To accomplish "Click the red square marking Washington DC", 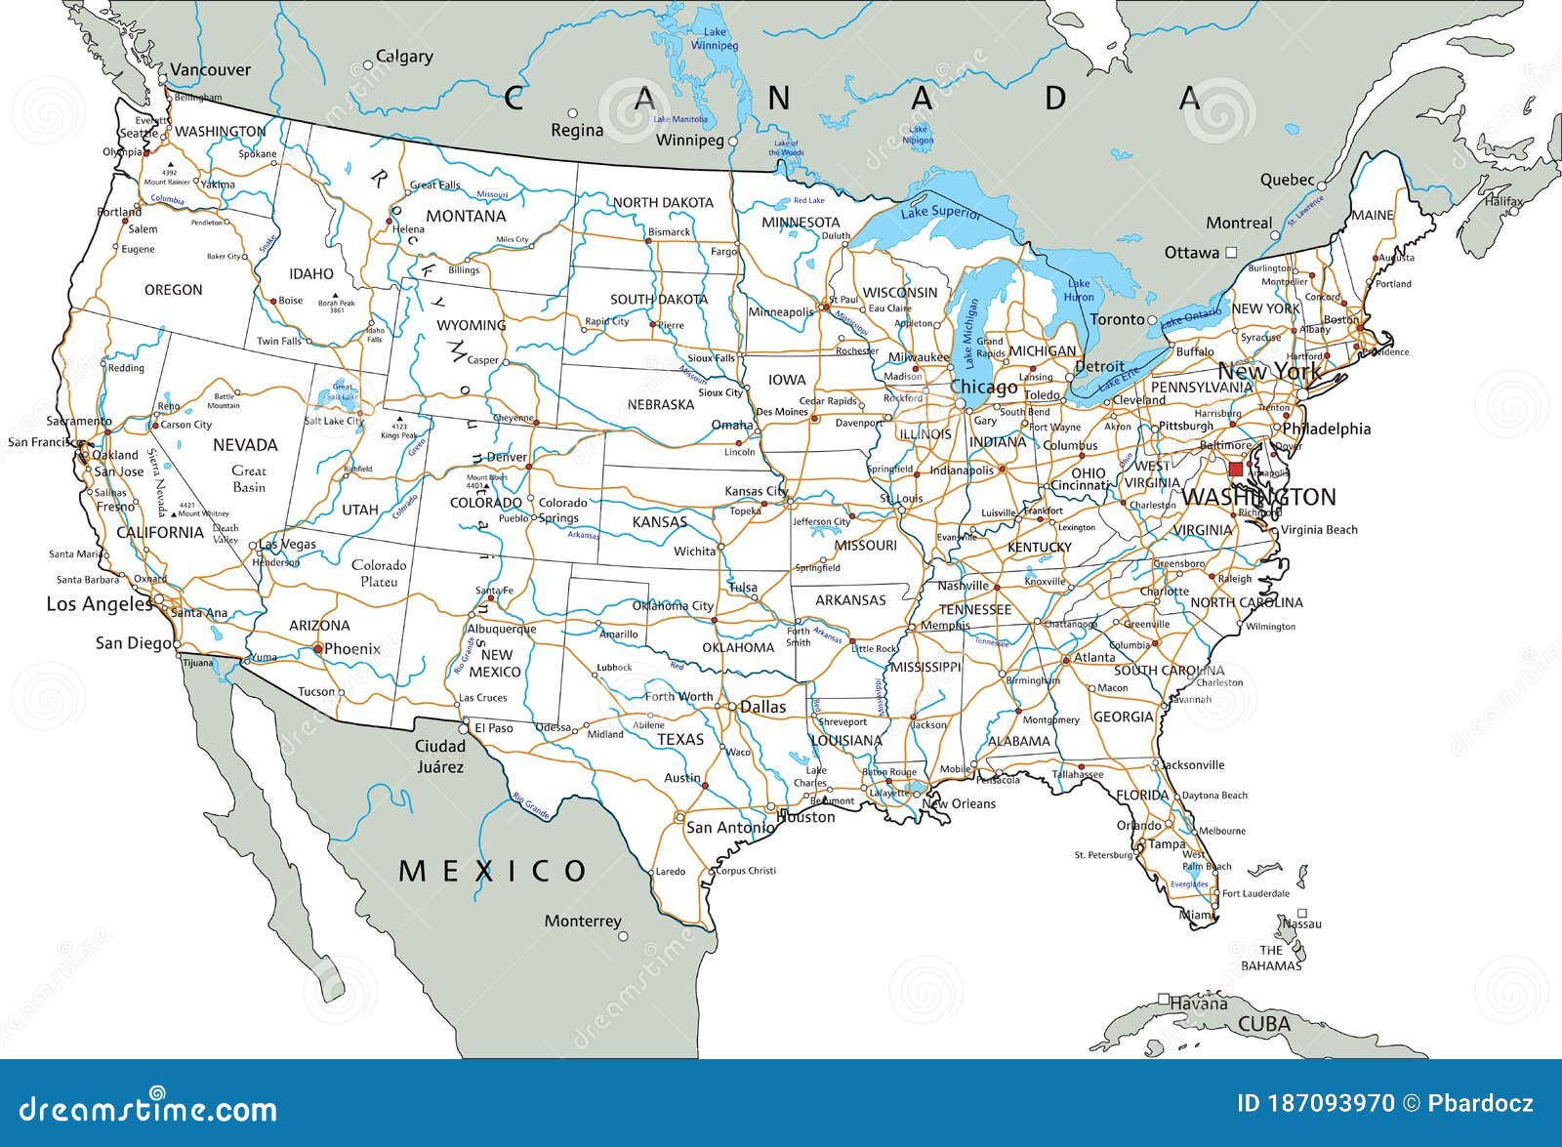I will [x=1236, y=470].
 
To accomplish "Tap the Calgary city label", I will [x=404, y=57].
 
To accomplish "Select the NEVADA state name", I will [x=245, y=445].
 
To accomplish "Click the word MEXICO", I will [x=493, y=870].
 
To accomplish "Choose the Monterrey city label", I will [x=583, y=921].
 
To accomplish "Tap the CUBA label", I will [x=1264, y=1024].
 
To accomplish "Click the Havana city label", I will [x=1199, y=1004].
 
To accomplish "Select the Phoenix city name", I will [x=351, y=648].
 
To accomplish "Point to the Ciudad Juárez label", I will [x=440, y=757].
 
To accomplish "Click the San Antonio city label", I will [x=729, y=827].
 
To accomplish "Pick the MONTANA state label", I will [x=466, y=216].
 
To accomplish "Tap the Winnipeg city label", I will [x=689, y=141].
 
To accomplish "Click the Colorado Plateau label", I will [x=379, y=573].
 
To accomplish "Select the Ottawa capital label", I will [x=1192, y=253].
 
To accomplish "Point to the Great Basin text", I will [x=249, y=478].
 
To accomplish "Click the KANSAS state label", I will [x=660, y=522].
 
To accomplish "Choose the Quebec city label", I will [x=1287, y=180].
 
